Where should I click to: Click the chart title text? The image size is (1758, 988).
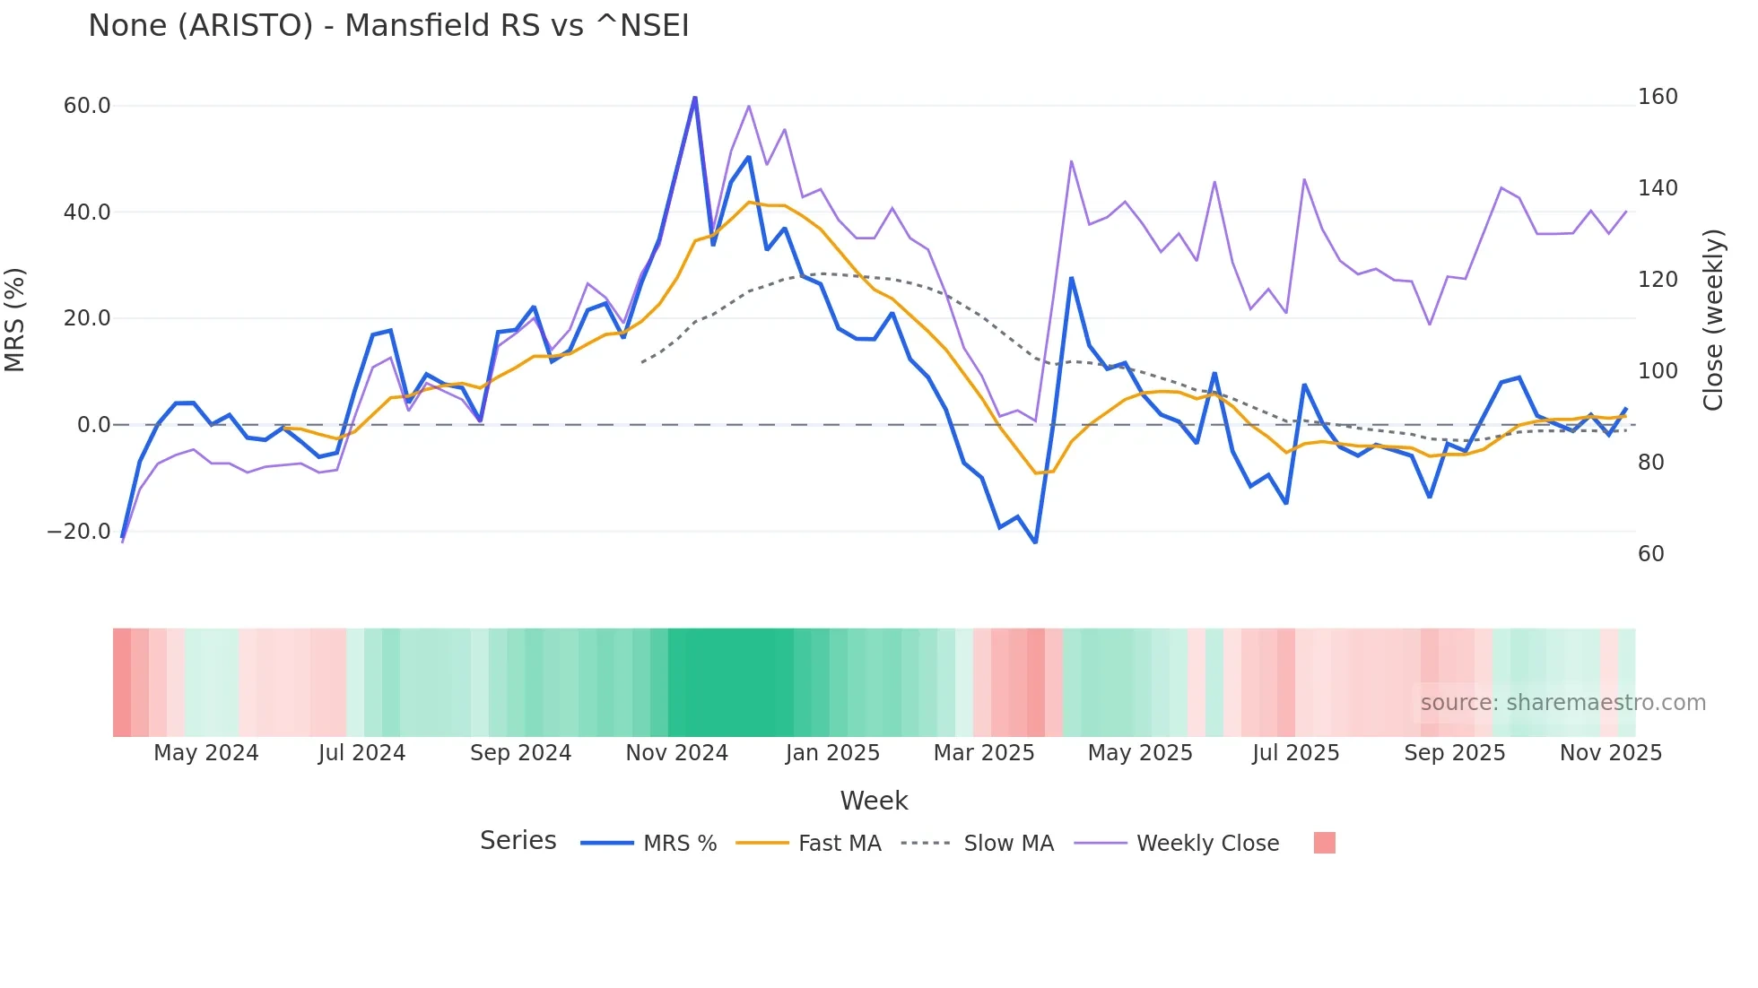388,26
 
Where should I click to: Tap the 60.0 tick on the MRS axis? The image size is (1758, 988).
87,106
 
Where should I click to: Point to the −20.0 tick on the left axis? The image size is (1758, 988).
79,532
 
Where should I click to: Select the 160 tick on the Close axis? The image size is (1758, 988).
1657,97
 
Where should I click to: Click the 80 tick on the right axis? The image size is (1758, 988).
1650,463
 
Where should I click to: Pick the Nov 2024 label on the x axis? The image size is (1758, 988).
676,753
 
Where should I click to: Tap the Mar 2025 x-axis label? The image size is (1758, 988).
984,753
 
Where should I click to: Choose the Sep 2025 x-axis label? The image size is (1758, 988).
1454,753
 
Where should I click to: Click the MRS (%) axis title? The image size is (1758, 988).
15,320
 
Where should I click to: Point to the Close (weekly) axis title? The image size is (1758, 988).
1713,320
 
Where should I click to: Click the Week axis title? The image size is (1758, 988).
874,801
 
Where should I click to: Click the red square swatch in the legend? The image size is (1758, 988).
1324,843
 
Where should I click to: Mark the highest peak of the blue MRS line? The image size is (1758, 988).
695,98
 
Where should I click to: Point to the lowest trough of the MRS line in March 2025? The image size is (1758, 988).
1035,542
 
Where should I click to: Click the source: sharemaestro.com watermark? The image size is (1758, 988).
1562,703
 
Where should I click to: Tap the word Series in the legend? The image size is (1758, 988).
518,841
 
